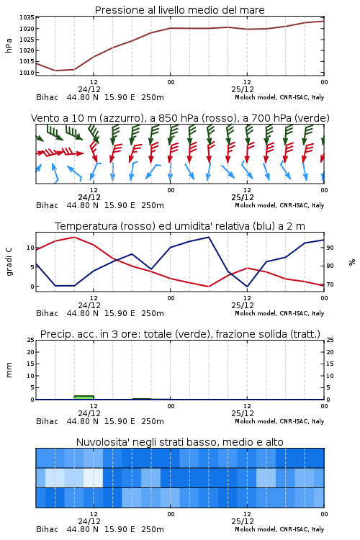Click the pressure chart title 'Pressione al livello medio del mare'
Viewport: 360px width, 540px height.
coord(179,10)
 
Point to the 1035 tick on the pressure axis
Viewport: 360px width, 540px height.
coord(27,17)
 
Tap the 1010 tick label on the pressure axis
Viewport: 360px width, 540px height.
coord(27,73)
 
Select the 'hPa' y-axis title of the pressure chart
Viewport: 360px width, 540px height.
coord(9,45)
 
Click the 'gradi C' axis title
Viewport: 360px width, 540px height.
coord(9,262)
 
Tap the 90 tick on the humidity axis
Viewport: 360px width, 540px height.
coord(330,248)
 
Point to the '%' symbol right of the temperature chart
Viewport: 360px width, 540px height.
coord(352,262)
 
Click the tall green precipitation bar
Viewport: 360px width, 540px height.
coord(84,397)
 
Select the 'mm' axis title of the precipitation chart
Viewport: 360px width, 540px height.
coord(9,369)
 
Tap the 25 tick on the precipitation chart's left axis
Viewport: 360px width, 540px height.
coord(31,340)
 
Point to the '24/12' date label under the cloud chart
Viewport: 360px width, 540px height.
coord(89,521)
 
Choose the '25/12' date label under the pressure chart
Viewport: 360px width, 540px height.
coord(243,89)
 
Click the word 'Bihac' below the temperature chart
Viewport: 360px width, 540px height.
coord(48,313)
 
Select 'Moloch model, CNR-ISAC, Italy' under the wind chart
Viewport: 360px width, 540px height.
coord(279,205)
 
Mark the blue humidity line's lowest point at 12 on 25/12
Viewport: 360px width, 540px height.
coord(247,286)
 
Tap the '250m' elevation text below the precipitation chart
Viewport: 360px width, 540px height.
coord(153,421)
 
